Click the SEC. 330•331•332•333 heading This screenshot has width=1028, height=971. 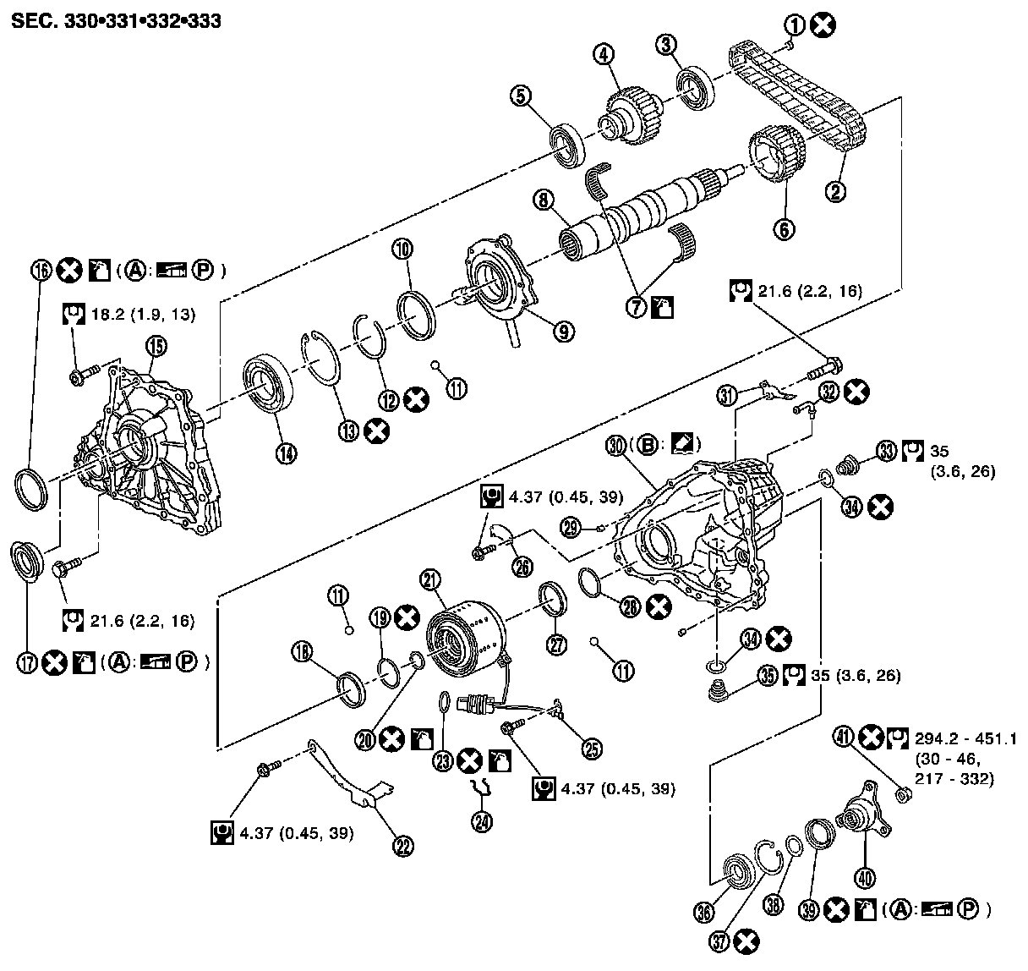(116, 20)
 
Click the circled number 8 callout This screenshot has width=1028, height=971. (543, 201)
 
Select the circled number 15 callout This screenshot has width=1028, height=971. (156, 345)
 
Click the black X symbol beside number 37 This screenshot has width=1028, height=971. (746, 941)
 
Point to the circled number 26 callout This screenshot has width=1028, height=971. (522, 567)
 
